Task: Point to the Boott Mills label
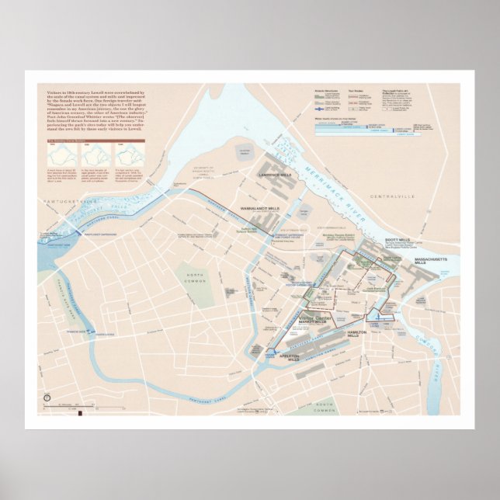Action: [398, 241]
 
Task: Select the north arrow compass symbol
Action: [47, 398]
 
